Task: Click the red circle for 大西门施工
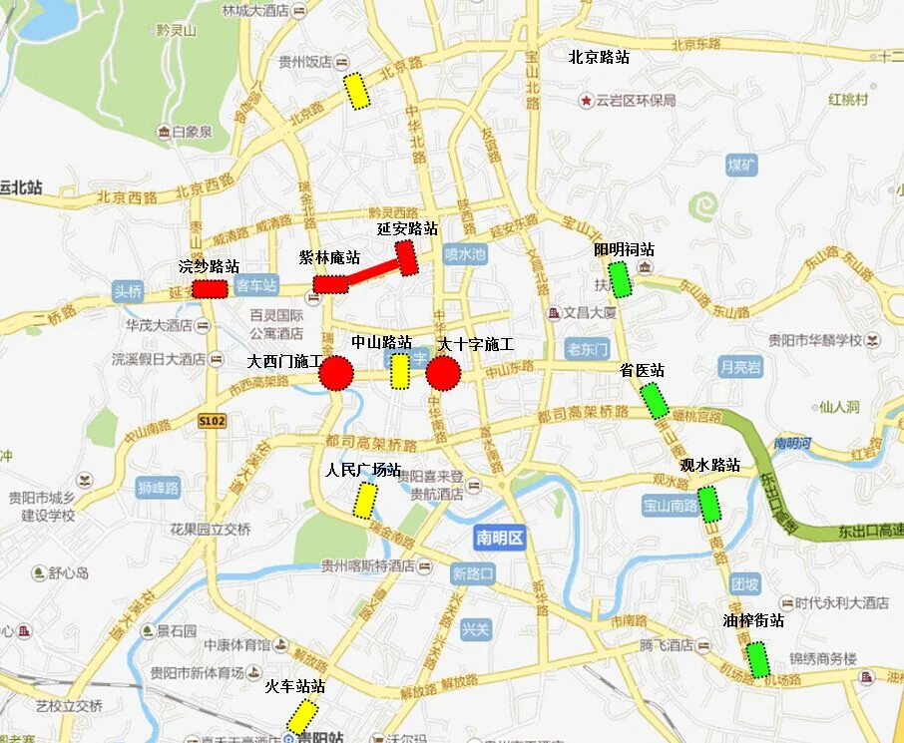point(336,374)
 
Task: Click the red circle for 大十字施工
point(443,374)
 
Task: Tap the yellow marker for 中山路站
point(399,371)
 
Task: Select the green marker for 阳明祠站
point(621,279)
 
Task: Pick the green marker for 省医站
point(655,401)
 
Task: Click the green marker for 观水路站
point(709,505)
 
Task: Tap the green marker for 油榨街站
point(758,659)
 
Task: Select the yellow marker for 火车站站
point(302,716)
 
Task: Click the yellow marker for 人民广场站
point(365,499)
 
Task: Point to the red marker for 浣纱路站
point(210,288)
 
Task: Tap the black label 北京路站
point(599,58)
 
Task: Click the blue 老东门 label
point(586,349)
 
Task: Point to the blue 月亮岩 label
point(740,367)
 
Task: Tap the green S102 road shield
point(212,421)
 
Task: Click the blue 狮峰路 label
point(159,488)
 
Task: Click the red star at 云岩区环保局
point(585,101)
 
